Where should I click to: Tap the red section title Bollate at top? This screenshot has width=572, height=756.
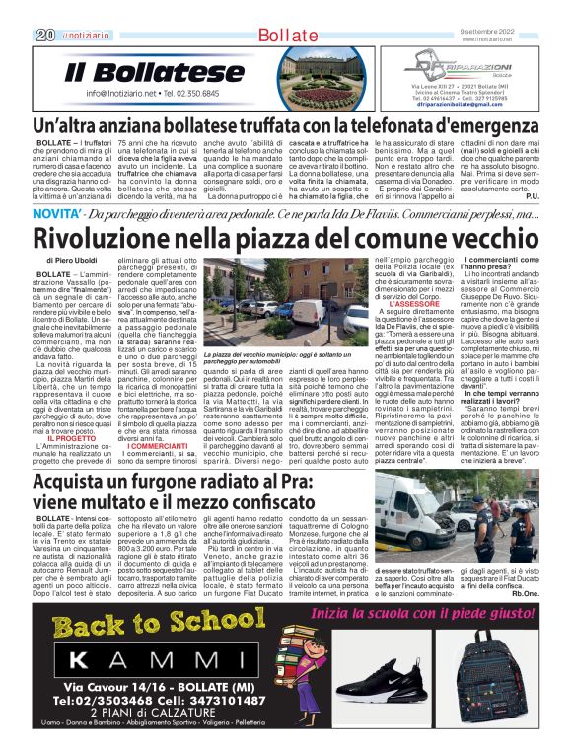(286, 36)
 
